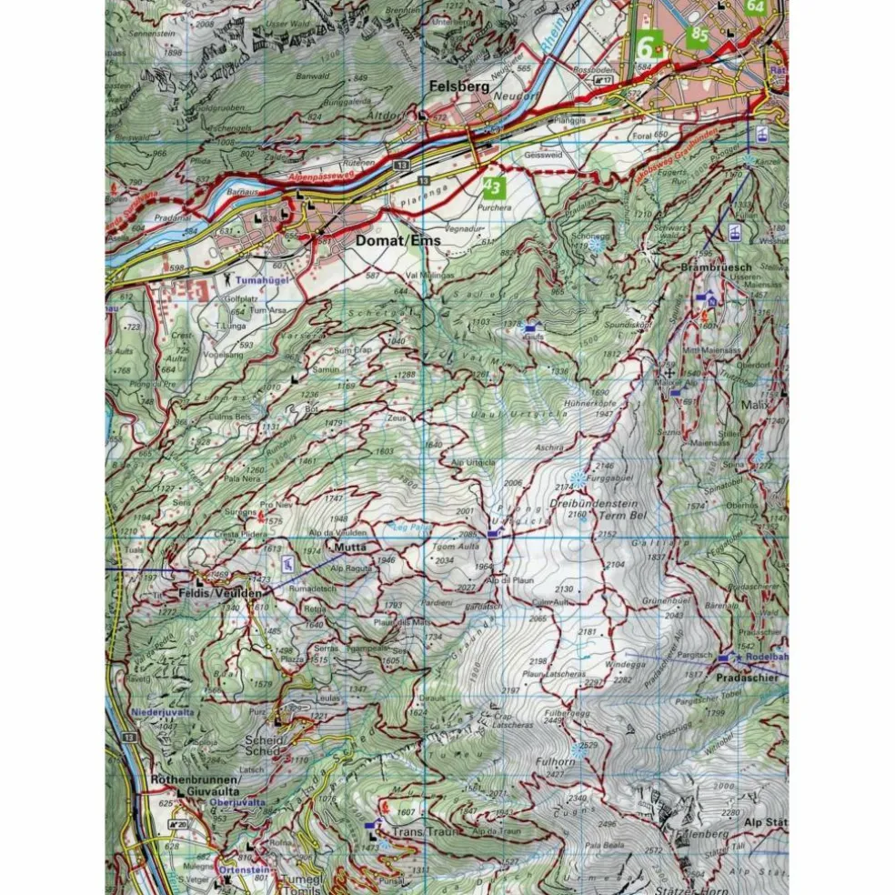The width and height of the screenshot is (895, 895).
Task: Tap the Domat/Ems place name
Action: [x=398, y=241]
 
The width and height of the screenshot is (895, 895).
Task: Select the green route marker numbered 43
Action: [x=492, y=188]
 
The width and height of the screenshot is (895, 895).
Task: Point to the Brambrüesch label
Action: [x=716, y=268]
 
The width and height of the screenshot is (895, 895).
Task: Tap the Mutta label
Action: [x=349, y=548]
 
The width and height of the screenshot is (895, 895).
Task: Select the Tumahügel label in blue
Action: [x=263, y=281]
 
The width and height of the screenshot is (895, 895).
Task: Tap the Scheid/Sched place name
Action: [x=265, y=745]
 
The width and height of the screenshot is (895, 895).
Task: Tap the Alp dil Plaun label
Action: [x=508, y=579]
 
